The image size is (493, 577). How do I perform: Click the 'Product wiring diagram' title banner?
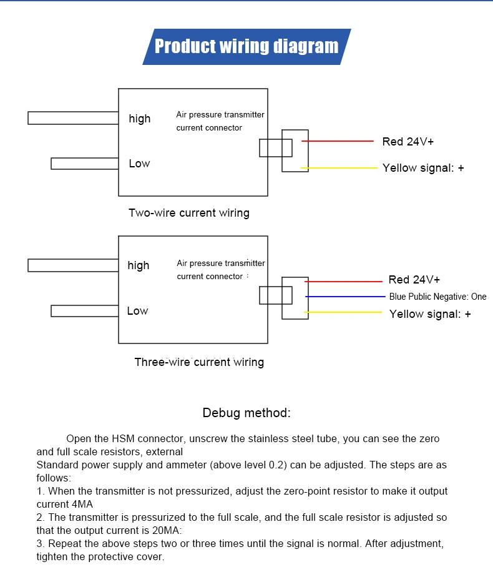(x=246, y=46)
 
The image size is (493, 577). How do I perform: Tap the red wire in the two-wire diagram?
(x=337, y=141)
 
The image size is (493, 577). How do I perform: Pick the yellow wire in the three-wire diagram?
(x=343, y=312)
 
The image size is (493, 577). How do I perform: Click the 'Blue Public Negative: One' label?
(x=437, y=297)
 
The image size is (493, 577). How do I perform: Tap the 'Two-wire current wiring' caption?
(x=188, y=213)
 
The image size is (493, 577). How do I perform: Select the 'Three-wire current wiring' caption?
(x=199, y=362)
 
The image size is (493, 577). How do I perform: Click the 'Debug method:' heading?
(x=246, y=413)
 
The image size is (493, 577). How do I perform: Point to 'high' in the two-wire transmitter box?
(x=140, y=119)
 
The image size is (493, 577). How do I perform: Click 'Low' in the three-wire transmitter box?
(x=137, y=311)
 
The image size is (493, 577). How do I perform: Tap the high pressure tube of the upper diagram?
(x=73, y=117)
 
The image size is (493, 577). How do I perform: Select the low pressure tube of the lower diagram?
(x=84, y=310)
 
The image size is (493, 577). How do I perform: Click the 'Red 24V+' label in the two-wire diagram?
(x=408, y=142)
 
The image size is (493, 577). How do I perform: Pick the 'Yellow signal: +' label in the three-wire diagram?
(x=430, y=314)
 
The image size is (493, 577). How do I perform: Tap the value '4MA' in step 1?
(x=80, y=505)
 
